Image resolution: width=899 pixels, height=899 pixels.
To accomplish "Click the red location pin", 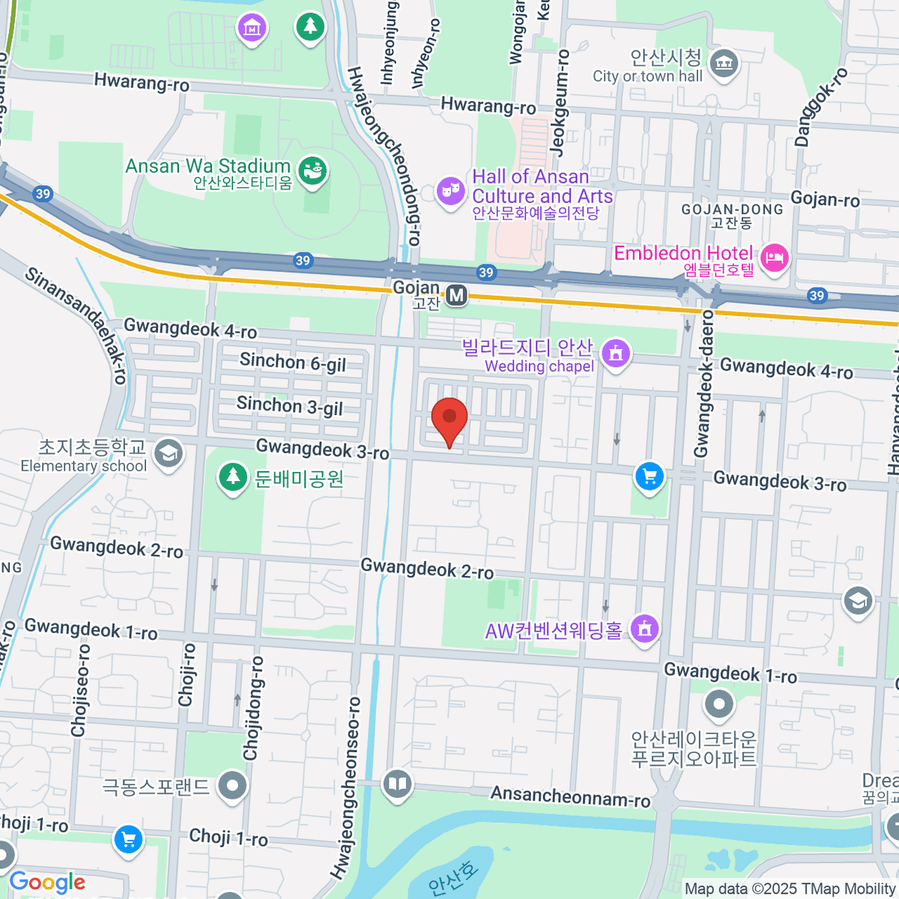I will (449, 418).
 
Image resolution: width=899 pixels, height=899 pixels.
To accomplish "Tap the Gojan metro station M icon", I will (456, 296).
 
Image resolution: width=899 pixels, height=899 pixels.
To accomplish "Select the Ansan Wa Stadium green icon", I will (312, 171).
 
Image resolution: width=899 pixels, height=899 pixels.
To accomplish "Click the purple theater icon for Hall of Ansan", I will (450, 191).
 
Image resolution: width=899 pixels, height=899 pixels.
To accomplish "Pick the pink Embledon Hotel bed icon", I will (774, 258).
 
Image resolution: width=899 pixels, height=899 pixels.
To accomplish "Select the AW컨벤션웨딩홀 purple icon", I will (644, 629).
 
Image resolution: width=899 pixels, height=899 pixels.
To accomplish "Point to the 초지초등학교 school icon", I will (169, 452).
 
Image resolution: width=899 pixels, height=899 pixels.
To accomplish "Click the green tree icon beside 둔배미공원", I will (233, 477).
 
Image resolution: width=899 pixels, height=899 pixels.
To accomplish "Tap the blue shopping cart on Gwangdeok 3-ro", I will (650, 476).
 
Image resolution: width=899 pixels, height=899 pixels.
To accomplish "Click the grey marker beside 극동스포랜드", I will (232, 786).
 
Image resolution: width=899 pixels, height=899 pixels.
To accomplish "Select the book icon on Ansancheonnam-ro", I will (397, 784).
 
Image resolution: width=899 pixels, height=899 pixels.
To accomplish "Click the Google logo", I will (47, 883).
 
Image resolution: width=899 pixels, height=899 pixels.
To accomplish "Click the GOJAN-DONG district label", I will (732, 209).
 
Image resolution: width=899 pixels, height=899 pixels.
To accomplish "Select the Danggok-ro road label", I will (820, 106).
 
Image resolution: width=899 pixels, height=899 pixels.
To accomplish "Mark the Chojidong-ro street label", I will (253, 708).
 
